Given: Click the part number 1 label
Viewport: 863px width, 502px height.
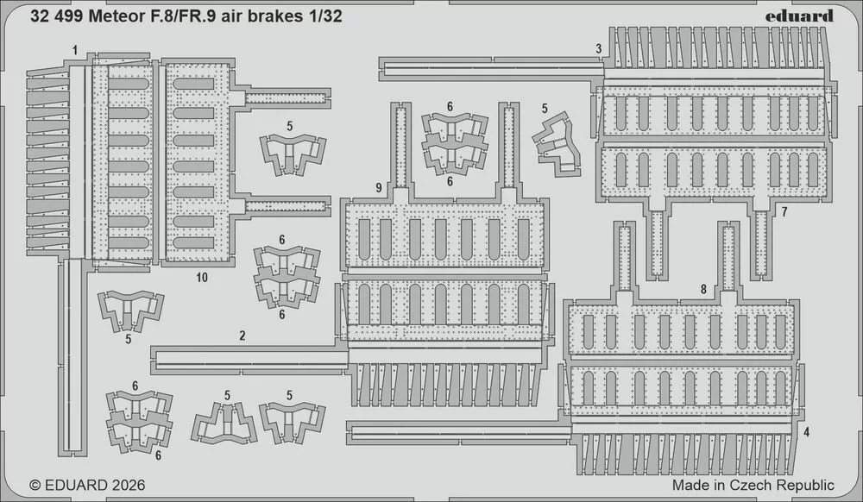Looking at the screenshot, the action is tap(75, 51).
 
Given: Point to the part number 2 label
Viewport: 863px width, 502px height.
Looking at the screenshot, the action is tap(243, 336).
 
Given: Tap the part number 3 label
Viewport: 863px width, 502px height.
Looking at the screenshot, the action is tap(598, 49).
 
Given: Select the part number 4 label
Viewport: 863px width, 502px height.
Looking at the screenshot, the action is tap(806, 432).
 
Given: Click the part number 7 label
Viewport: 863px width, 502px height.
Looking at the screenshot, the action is tap(784, 211).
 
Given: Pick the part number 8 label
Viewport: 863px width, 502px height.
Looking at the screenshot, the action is tap(703, 289).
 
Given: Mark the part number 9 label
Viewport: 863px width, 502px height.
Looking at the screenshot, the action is tap(379, 188).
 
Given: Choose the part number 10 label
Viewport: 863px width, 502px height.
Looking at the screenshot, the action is tap(202, 278).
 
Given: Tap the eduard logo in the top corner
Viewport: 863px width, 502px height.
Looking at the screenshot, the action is tap(799, 16).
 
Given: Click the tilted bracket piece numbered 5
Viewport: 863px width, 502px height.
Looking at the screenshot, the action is tap(556, 144).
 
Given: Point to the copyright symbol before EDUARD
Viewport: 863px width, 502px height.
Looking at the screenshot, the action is tap(35, 485).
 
